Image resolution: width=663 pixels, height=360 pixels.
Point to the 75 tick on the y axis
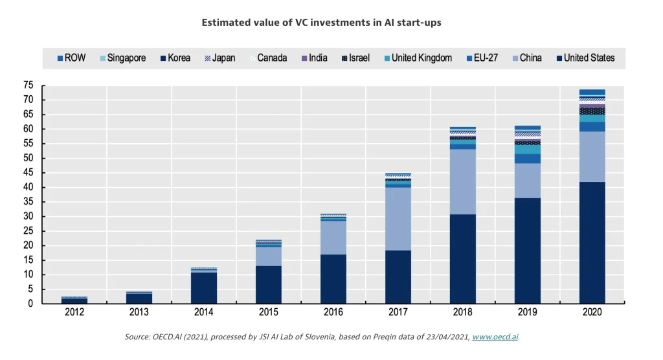(x=28, y=85)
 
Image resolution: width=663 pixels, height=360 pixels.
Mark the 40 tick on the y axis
(x=28, y=188)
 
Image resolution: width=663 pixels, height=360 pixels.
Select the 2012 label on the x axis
(x=74, y=312)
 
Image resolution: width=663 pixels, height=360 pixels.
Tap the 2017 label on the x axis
(x=398, y=312)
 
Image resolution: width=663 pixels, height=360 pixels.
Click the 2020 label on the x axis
(x=592, y=312)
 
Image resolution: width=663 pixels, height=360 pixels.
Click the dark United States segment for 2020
(x=592, y=243)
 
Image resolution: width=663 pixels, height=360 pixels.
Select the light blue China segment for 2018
(x=463, y=182)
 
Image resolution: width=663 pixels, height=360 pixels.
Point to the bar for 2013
(x=139, y=298)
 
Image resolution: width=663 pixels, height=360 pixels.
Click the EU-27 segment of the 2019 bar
(x=528, y=159)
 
